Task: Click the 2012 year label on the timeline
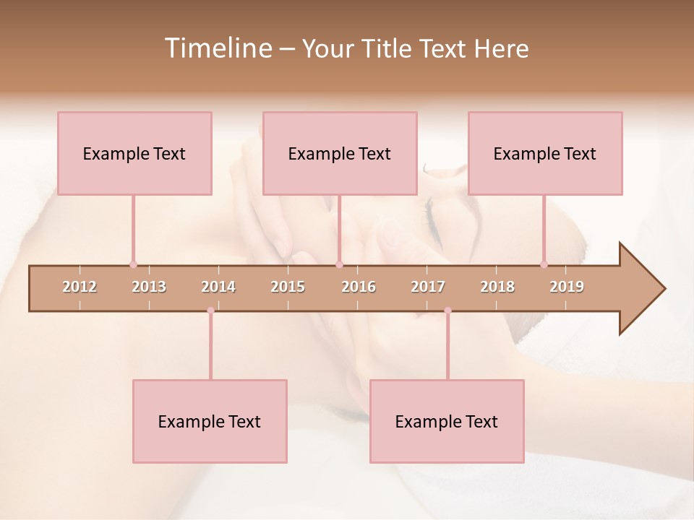click(80, 287)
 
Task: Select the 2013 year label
click(149, 287)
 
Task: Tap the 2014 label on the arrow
click(218, 287)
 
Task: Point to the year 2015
click(288, 287)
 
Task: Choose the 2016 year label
click(359, 287)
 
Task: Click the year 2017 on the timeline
click(428, 287)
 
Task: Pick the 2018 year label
click(497, 287)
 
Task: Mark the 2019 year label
click(567, 287)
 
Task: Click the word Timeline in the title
click(217, 48)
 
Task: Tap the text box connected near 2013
click(134, 153)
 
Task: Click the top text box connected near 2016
click(340, 153)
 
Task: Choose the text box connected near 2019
click(545, 153)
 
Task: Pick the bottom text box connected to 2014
click(210, 421)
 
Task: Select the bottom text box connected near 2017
click(447, 421)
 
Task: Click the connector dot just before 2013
click(133, 264)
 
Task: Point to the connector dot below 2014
click(210, 311)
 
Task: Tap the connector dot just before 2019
click(544, 264)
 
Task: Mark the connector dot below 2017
click(447, 311)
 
